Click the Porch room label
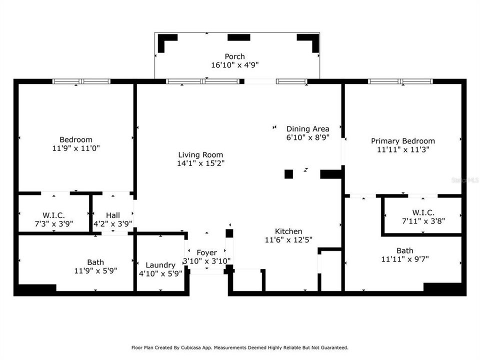pyautogui.click(x=234, y=56)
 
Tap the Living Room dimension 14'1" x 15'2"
pyautogui.click(x=200, y=163)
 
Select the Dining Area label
pyautogui.click(x=307, y=128)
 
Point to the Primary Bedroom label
pyautogui.click(x=402, y=141)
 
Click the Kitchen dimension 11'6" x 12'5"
pyautogui.click(x=288, y=239)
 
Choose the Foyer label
pyautogui.click(x=206, y=252)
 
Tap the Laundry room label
pyautogui.click(x=160, y=265)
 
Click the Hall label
pyautogui.click(x=112, y=215)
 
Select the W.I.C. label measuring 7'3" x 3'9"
pyautogui.click(x=53, y=215)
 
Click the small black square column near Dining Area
pyautogui.click(x=288, y=174)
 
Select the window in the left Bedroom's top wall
pyautogui.click(x=81, y=81)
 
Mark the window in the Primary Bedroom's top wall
pyautogui.click(x=400, y=81)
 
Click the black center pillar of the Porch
pyautogui.click(x=238, y=37)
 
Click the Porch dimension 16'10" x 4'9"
pyautogui.click(x=234, y=65)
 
